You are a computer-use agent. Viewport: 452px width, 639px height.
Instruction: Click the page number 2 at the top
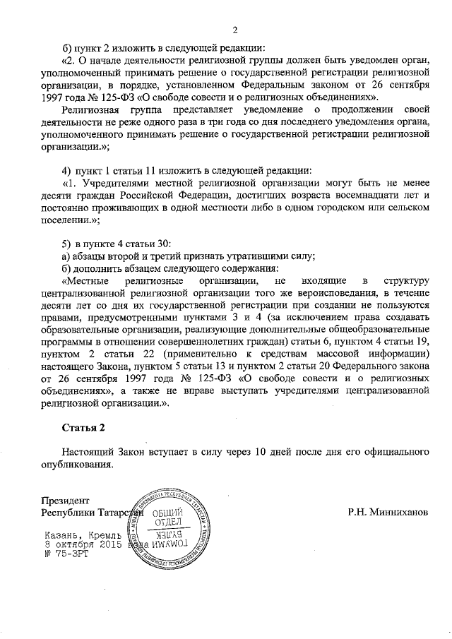[x=235, y=30]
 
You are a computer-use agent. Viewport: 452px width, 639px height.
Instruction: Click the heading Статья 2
[x=87, y=426]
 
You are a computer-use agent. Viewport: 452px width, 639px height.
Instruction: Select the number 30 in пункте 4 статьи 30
[x=160, y=244]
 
